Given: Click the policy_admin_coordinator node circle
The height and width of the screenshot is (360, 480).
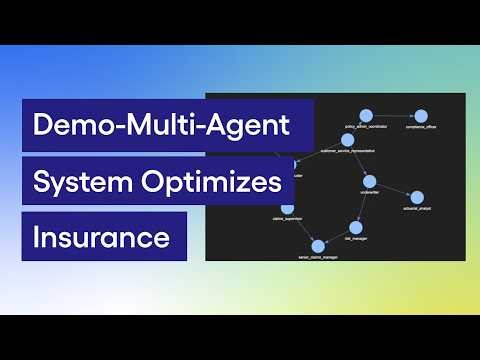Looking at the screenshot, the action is (x=365, y=115).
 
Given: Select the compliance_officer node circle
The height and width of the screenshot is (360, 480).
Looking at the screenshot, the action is (x=421, y=116).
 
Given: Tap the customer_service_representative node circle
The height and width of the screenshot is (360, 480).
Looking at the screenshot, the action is (x=347, y=139).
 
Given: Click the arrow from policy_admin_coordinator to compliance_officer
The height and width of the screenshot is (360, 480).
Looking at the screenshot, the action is (x=393, y=115).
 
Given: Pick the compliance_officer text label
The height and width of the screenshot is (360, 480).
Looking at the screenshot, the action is (x=421, y=128).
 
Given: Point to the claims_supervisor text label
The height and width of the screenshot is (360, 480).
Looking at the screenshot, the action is (x=287, y=219).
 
